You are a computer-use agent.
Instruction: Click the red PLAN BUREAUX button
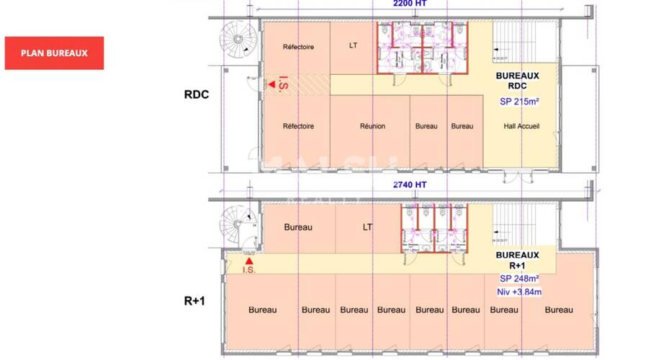coord(54,53)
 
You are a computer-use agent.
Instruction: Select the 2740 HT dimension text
coord(410,184)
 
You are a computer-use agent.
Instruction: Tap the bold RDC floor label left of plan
coord(196,94)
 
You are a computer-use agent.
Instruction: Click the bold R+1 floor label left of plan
coord(194,300)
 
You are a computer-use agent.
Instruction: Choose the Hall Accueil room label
coord(521,126)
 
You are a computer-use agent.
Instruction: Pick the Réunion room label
coord(372,126)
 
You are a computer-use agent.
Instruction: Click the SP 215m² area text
coord(519,102)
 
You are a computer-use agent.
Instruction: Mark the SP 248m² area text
coord(519,279)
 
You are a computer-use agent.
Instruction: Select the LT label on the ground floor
coord(353,46)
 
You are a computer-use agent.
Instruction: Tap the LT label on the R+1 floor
coord(367,228)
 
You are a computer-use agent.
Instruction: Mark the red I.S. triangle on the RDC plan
coord(272,85)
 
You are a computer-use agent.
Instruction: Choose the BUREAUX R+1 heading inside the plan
coord(518,260)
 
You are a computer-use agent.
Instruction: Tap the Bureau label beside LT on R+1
coord(298,228)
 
